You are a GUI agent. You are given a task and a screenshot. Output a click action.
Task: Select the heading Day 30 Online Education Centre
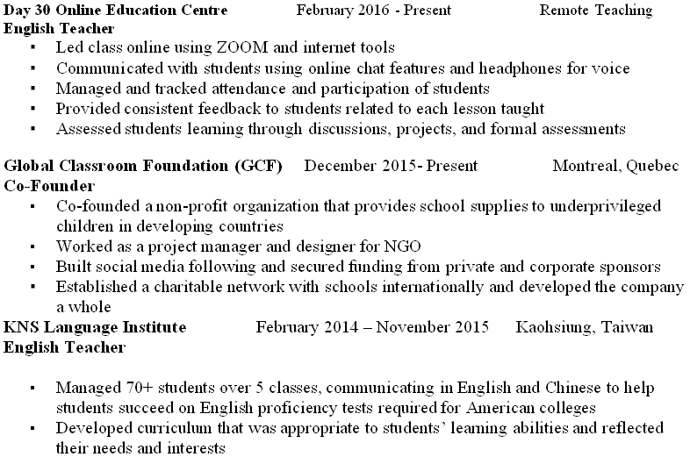pyautogui.click(x=116, y=11)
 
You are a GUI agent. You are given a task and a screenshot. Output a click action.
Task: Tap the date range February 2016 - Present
pyautogui.click(x=374, y=11)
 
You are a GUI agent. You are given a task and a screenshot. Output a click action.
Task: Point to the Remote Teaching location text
pyautogui.click(x=596, y=11)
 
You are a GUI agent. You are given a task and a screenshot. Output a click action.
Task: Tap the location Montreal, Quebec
pyautogui.click(x=615, y=167)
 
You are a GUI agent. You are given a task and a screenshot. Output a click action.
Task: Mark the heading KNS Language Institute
pyautogui.click(x=95, y=327)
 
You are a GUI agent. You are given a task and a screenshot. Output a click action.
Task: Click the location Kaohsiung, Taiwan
pyautogui.click(x=585, y=327)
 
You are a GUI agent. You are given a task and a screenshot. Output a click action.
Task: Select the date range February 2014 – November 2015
pyautogui.click(x=372, y=327)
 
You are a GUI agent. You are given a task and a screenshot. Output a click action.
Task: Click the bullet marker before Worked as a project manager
pyautogui.click(x=33, y=247)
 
